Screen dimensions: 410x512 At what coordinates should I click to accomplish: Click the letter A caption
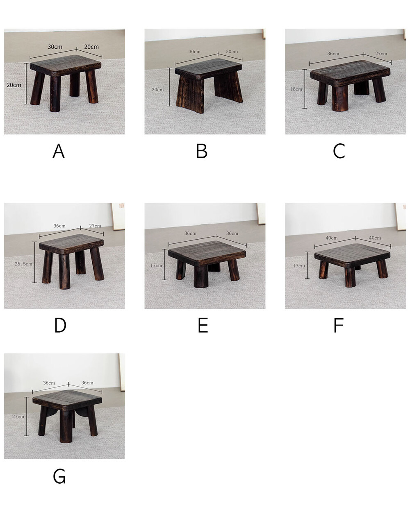[x=59, y=151]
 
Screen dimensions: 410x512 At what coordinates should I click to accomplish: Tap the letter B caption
[x=202, y=151]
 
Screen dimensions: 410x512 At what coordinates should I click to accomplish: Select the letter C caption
[x=339, y=151]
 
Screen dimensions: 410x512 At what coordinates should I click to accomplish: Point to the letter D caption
[x=60, y=325]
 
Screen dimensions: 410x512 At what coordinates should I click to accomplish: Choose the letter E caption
[x=203, y=325]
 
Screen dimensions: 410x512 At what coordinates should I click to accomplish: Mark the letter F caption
[x=339, y=325]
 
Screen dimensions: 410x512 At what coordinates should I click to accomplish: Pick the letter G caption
[x=59, y=476]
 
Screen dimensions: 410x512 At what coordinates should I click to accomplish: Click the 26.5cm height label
[x=23, y=264]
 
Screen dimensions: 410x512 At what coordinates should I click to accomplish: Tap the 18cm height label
[x=296, y=89]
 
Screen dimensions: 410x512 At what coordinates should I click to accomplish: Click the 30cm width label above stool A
[x=55, y=47]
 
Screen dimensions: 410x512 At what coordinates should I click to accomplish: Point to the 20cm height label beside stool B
[x=158, y=90]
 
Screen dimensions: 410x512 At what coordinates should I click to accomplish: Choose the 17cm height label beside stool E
[x=156, y=265]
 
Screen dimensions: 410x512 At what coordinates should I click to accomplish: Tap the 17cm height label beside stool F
[x=299, y=266]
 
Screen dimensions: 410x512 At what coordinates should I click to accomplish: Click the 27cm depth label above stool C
[x=381, y=54]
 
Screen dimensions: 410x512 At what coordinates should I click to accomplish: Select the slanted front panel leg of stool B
[x=190, y=94]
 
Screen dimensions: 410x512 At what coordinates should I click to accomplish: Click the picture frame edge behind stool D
[x=118, y=217]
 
